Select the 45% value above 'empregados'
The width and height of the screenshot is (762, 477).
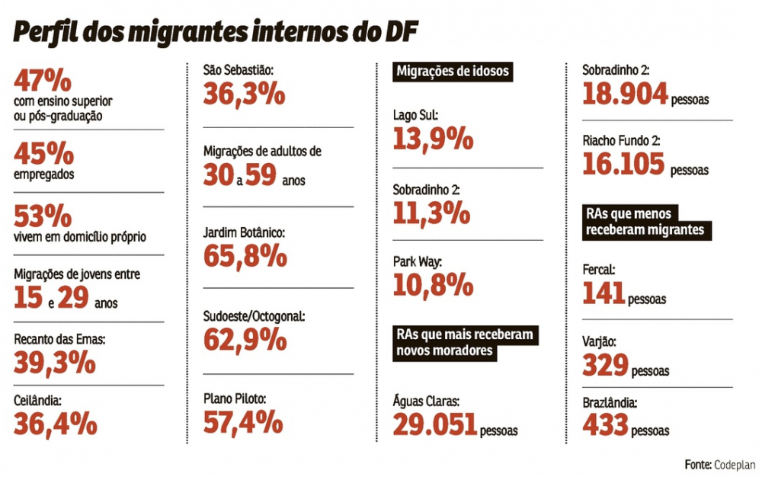pyautogui.click(x=44, y=154)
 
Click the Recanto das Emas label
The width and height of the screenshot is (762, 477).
pyautogui.click(x=59, y=341)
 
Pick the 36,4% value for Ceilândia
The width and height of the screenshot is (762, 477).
pyautogui.click(x=56, y=422)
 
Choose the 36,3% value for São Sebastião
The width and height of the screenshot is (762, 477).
pyautogui.click(x=244, y=94)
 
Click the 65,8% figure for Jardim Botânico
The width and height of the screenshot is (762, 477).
pyautogui.click(x=245, y=256)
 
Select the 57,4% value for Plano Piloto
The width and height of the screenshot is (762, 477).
pyautogui.click(x=243, y=421)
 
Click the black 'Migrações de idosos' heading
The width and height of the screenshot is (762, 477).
pyautogui.click(x=453, y=72)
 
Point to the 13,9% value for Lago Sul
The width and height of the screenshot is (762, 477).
pyautogui.click(x=434, y=139)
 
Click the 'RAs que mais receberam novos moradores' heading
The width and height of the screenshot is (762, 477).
pyautogui.click(x=465, y=343)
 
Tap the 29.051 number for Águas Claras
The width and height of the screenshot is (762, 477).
pyautogui.click(x=435, y=424)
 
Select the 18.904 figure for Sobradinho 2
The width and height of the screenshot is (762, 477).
pyautogui.click(x=625, y=93)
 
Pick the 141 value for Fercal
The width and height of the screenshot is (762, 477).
pyautogui.click(x=604, y=292)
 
